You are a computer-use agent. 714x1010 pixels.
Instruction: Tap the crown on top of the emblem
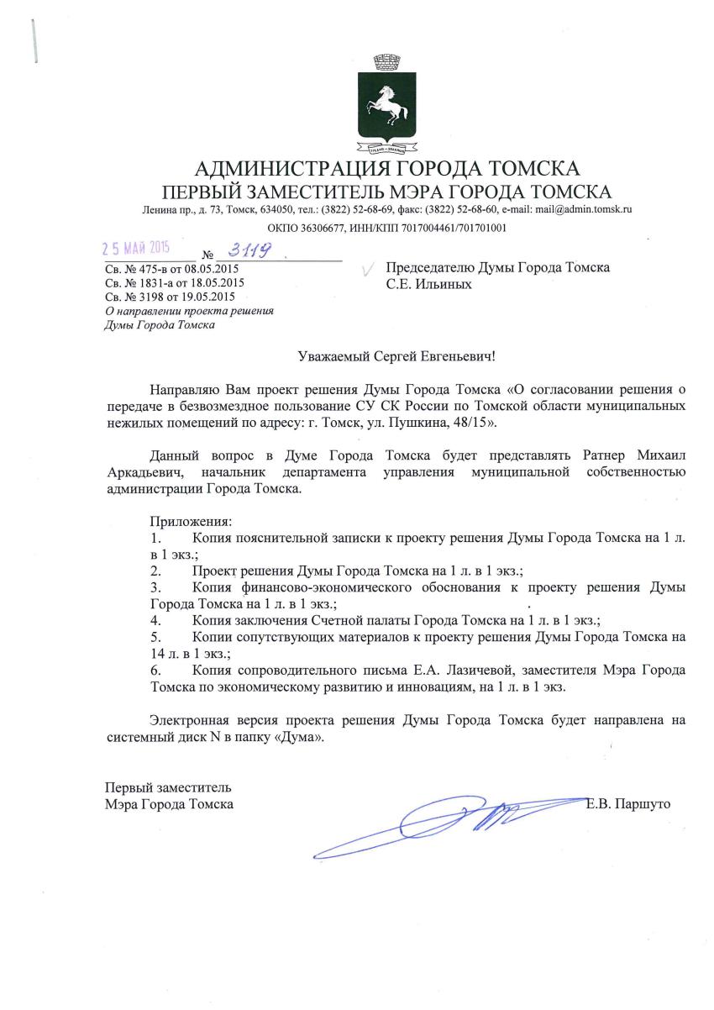[x=385, y=62]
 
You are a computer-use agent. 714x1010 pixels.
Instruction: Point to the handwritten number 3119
[x=251, y=250]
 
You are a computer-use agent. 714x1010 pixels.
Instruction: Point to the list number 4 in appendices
[x=155, y=620]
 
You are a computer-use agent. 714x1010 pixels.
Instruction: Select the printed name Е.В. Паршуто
[x=628, y=804]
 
